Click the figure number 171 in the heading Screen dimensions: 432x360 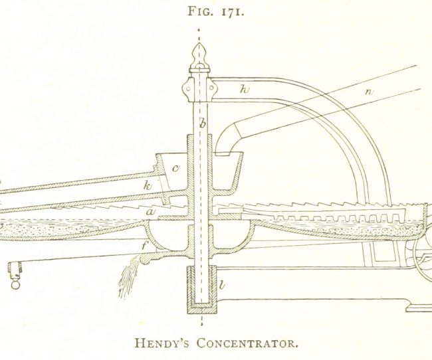pos(233,11)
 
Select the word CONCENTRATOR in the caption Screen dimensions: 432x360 pos(247,343)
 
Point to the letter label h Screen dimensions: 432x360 pos(245,89)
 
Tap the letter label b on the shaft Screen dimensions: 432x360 pos(203,124)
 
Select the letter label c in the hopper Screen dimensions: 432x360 pos(175,168)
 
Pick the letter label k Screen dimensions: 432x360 pos(148,186)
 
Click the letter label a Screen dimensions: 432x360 pos(150,212)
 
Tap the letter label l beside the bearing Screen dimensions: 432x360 pos(222,284)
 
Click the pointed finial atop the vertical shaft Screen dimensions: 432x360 pos(199,55)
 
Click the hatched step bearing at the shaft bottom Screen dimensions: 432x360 pos(202,290)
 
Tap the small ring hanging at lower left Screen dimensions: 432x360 pos(15,284)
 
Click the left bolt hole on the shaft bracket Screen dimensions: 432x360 pos(189,88)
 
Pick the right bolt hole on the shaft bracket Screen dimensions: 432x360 pos(211,88)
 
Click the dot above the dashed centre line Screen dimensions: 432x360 pos(199,29)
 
